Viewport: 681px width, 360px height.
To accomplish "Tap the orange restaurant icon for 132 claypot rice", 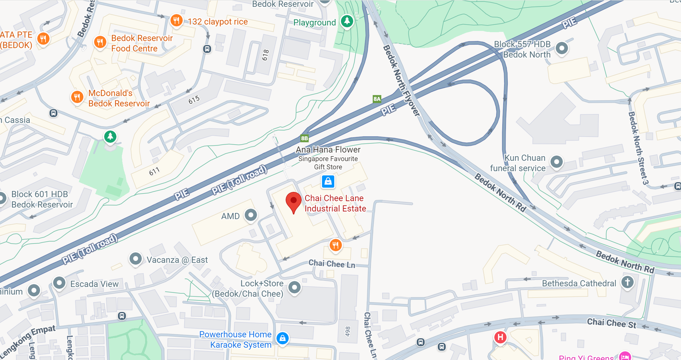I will pos(176,20).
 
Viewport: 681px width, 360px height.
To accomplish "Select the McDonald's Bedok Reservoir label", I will pos(119,98).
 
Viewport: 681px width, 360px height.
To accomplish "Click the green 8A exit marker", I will pos(377,99).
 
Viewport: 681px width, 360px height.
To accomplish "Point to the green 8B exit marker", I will pos(304,138).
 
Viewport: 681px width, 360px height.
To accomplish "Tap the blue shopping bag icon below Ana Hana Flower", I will pos(328,182).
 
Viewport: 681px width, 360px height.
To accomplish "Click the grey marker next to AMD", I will pos(251,215).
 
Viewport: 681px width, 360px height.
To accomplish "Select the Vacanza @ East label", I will pos(177,260).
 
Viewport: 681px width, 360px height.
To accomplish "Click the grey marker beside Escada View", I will pos(59,283).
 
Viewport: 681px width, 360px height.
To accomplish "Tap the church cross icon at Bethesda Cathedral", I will pos(627,282).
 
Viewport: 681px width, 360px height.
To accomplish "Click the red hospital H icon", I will pos(500,337).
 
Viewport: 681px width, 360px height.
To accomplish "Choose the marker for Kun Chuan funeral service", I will pos(556,162).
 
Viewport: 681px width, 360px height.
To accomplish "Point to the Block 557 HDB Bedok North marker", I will pos(561,48).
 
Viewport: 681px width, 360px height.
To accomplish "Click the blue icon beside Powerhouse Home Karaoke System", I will pos(282,338).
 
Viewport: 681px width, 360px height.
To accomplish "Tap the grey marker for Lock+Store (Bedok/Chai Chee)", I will pos(294,287).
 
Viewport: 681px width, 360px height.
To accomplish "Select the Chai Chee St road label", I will pos(611,323).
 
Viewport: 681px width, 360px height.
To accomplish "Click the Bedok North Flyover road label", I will pos(401,80).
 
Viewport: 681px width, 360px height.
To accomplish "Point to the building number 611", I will pos(154,171).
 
